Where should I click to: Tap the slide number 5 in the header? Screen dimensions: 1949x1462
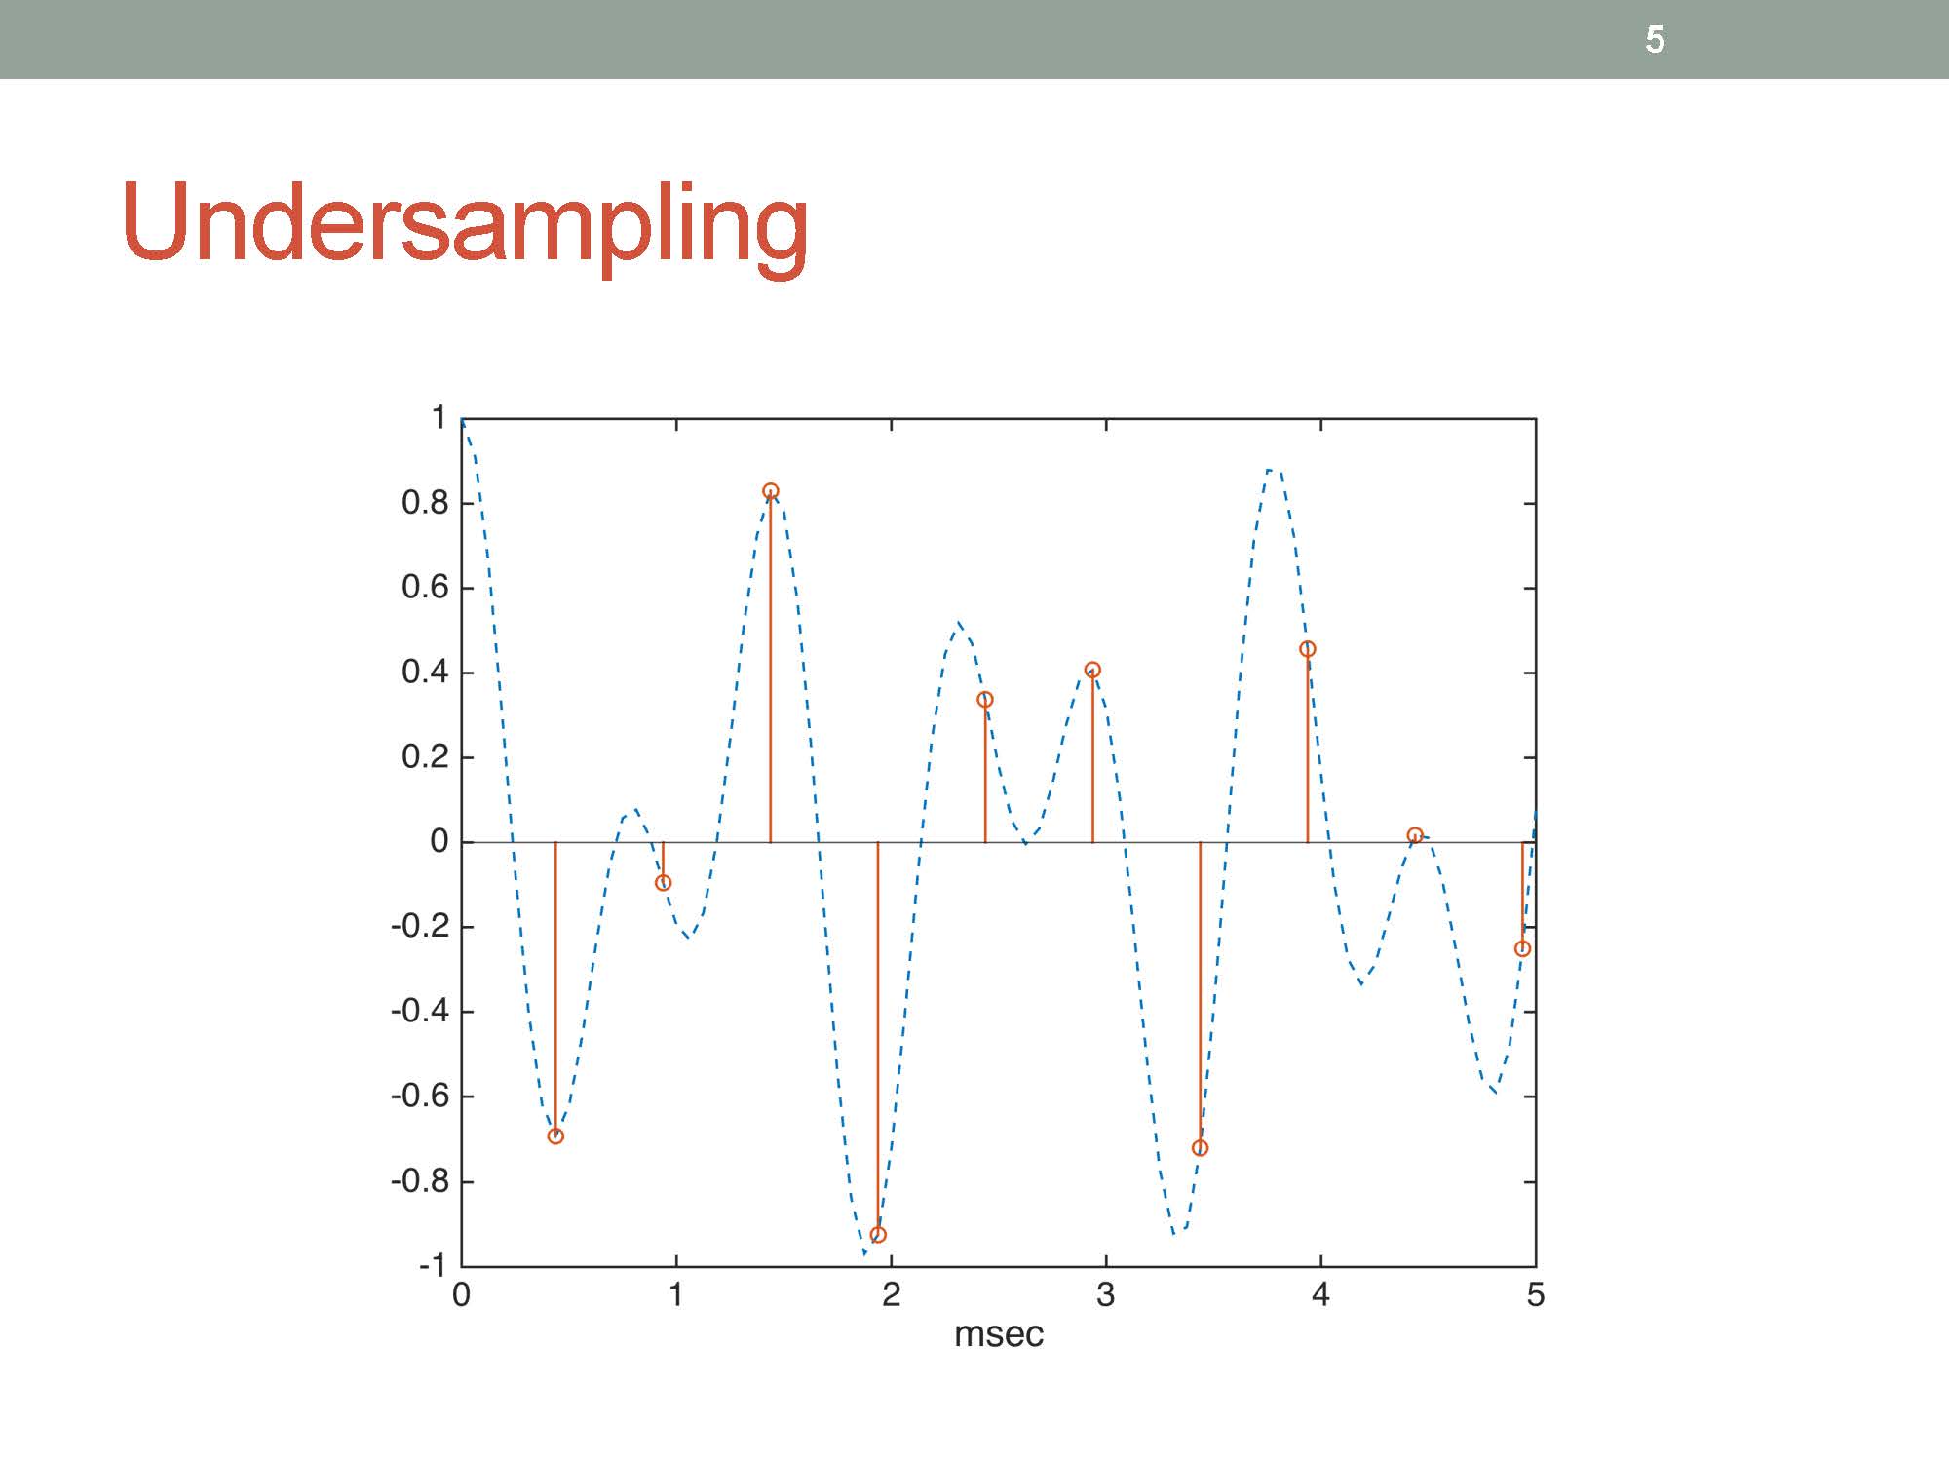click(x=1655, y=40)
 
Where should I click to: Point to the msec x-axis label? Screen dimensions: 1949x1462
click(x=998, y=1334)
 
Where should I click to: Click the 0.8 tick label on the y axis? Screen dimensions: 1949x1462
click(x=425, y=503)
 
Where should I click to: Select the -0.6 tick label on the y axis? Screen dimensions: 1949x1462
click(x=419, y=1096)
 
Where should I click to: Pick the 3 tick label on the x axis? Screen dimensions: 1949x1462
click(x=1105, y=1294)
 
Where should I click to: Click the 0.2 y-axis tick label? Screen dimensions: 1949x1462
click(x=425, y=756)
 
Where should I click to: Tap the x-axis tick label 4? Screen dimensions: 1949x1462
click(x=1320, y=1294)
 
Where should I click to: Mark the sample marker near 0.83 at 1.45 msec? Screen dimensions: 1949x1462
click(x=771, y=491)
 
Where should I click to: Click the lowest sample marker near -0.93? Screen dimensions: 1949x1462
click(x=878, y=1235)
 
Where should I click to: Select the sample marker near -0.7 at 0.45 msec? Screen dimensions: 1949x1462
click(x=555, y=1135)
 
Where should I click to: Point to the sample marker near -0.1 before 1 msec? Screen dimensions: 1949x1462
click(x=664, y=883)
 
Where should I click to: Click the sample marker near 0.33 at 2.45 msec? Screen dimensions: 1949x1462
click(x=985, y=700)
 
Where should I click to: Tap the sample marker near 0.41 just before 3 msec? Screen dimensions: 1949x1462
click(x=1092, y=670)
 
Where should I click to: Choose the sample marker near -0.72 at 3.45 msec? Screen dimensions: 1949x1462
click(x=1201, y=1148)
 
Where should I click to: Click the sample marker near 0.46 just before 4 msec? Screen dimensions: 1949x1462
click(x=1308, y=649)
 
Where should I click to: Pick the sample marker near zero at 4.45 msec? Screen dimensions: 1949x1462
click(x=1415, y=835)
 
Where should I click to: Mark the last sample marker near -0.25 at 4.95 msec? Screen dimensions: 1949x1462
click(x=1523, y=949)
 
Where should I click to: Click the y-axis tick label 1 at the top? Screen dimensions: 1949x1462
click(x=439, y=418)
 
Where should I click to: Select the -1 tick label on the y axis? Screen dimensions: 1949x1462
click(x=433, y=1265)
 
